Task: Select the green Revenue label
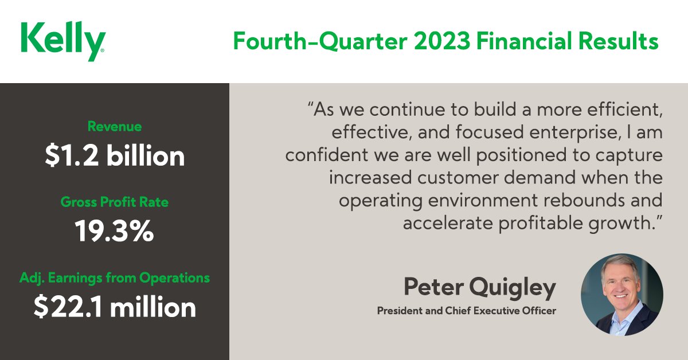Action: tap(115, 126)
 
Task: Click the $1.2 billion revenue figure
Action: tap(115, 156)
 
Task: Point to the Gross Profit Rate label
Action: tap(115, 202)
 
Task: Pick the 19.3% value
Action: tap(115, 232)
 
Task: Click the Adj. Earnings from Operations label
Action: tap(115, 278)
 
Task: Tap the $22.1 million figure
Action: tap(115, 308)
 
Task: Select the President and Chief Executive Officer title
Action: tap(466, 311)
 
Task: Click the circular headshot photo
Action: tap(621, 294)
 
